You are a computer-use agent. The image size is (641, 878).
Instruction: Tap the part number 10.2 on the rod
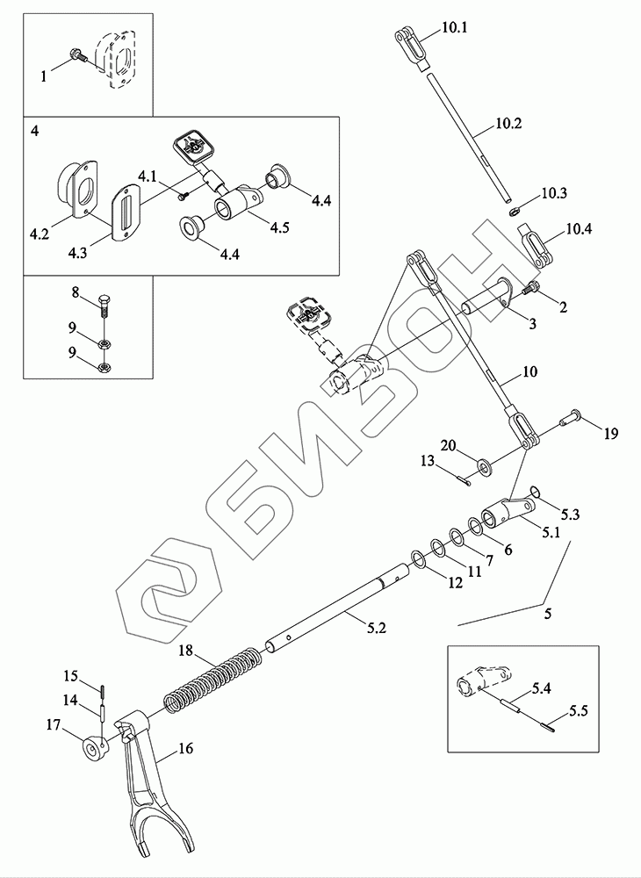[x=507, y=125]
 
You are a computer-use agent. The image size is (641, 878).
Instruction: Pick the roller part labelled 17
[x=91, y=748]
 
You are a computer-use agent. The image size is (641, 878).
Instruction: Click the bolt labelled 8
[x=103, y=304]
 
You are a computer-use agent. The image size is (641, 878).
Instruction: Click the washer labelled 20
[x=485, y=462]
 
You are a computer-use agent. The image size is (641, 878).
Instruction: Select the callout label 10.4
[x=579, y=231]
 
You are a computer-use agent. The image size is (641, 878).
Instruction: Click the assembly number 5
[x=548, y=615]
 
